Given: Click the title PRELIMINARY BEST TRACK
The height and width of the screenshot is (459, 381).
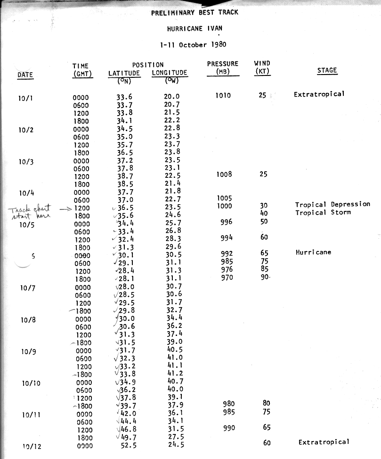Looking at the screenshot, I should pos(195,13).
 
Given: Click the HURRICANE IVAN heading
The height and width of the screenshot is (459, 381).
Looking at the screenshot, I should pos(195,28).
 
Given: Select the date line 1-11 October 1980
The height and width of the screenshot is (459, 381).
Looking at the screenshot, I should pos(193,45).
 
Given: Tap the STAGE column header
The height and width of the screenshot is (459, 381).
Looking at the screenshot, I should pos(327,71).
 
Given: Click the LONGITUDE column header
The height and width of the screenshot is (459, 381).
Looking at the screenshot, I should pos(170,73).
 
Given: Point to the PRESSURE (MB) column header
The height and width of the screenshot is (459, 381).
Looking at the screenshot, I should pos(223,67).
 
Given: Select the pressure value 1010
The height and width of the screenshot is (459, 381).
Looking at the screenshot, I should pos(223,95).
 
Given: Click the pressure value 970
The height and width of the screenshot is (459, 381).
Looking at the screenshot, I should pos(227,278).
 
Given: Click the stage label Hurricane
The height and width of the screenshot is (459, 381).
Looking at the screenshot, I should pos(313,252).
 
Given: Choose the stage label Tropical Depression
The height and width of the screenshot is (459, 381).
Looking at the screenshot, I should pos(332,204).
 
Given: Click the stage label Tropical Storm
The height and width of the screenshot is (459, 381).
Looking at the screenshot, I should pos(317,212).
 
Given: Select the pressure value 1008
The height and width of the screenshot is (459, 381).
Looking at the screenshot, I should pos(224,175).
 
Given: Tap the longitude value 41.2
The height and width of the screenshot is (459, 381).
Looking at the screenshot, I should pos(175,374).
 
